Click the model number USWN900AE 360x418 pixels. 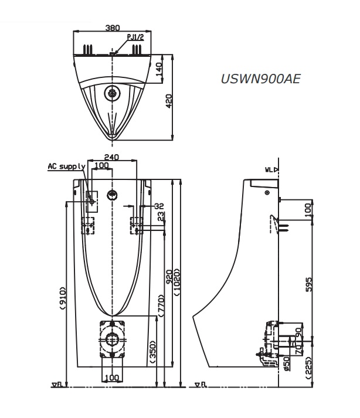point(260,79)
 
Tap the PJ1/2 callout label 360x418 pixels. point(136,37)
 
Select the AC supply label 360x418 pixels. point(66,166)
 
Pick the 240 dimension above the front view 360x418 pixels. point(111,157)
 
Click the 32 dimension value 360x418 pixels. point(159,206)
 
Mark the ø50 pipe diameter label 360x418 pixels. point(287,363)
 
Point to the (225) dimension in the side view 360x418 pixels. point(309,367)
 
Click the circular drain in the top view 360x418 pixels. point(111,93)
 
